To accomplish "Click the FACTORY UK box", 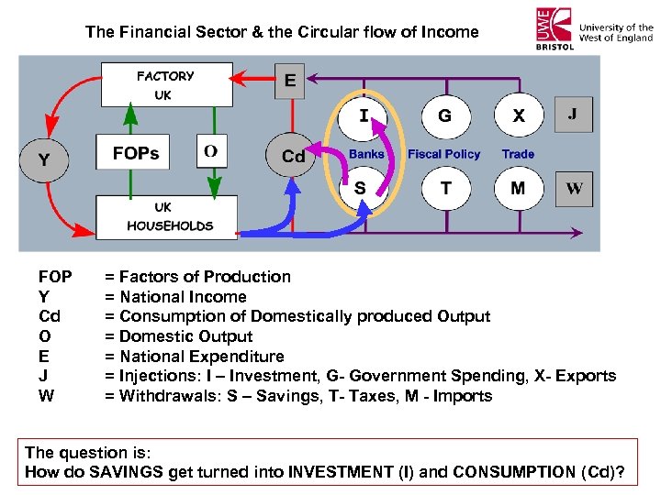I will tap(166, 84).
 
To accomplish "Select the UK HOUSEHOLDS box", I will tap(170, 216).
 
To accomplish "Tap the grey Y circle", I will tap(43, 160).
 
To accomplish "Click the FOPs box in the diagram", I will tap(135, 153).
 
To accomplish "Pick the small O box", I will tap(211, 151).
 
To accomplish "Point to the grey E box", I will tap(289, 81).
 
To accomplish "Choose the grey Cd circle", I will tap(293, 156).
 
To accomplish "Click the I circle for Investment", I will tap(364, 116).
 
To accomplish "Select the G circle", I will tap(444, 116).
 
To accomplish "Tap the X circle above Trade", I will tap(519, 116).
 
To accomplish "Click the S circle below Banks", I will tap(360, 189).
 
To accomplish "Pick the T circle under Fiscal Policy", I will tap(445, 189).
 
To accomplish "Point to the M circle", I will tap(518, 189).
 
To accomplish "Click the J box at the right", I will tap(574, 115).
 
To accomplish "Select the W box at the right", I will tap(574, 189).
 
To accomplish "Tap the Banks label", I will tap(366, 154).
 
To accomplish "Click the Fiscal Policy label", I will tap(443, 154).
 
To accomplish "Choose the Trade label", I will tap(518, 154).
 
